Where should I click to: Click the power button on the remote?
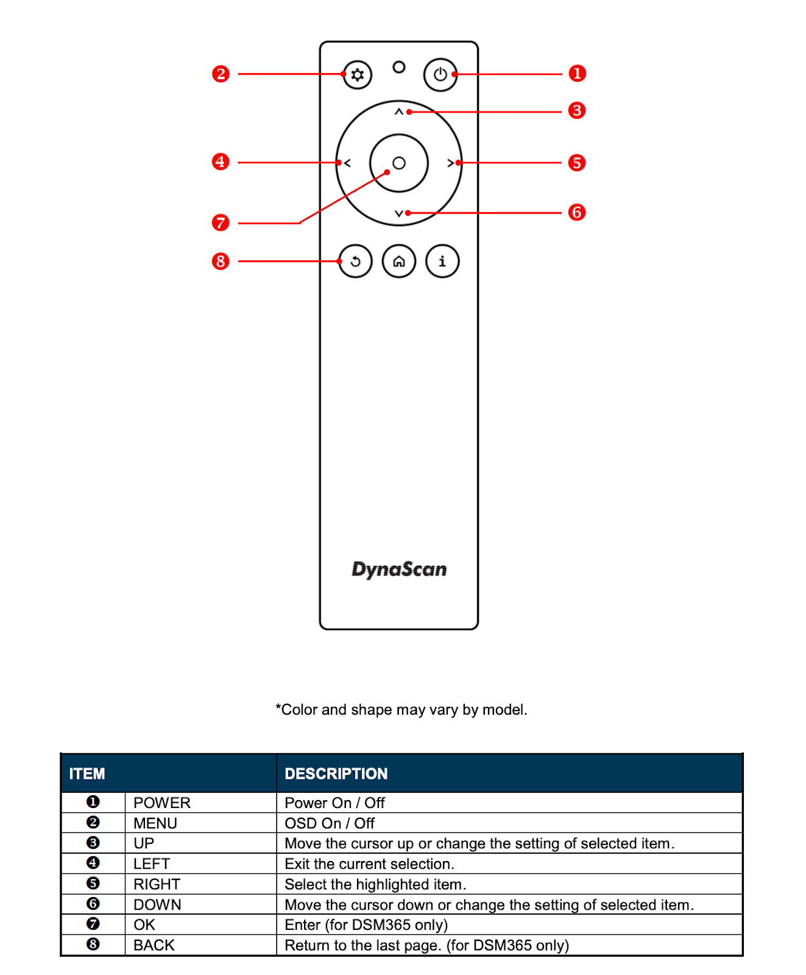[x=440, y=75]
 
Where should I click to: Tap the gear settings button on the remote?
[x=358, y=75]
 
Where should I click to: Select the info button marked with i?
[x=442, y=261]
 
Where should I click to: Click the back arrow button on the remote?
[x=356, y=261]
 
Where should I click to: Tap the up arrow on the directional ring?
[x=399, y=112]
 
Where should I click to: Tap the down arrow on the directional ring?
[x=399, y=213]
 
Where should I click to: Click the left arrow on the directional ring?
[x=347, y=163]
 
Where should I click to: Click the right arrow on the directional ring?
[x=451, y=163]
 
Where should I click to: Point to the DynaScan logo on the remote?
[x=399, y=569]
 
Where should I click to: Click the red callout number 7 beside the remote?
[x=221, y=222]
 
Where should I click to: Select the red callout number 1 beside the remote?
[x=577, y=74]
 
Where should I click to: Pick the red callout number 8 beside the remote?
[x=221, y=261]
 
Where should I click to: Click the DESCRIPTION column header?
[x=336, y=774]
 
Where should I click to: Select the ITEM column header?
[x=87, y=774]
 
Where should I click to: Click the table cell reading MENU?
[x=155, y=823]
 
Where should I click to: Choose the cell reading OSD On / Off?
[x=330, y=823]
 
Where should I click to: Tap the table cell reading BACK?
[x=154, y=945]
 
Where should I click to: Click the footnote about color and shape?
[x=401, y=710]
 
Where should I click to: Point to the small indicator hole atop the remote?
[x=399, y=67]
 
